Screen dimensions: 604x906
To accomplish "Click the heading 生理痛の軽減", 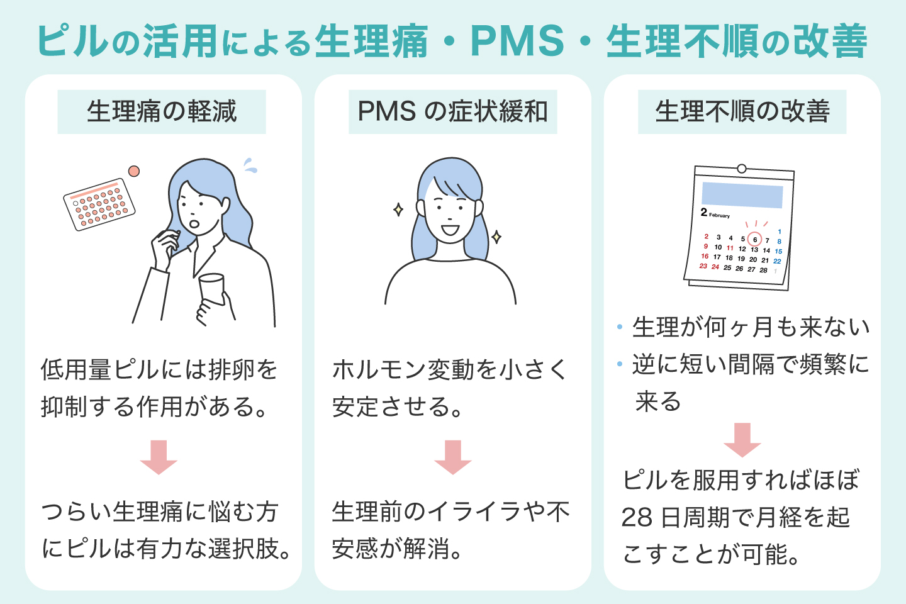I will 162,111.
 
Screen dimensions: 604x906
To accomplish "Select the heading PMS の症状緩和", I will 452,111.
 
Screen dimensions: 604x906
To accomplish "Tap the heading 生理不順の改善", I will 742,111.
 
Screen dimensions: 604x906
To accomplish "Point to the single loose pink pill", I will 133,171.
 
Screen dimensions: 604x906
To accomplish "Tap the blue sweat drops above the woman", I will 250,165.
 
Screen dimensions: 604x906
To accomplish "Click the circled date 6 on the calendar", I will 755,239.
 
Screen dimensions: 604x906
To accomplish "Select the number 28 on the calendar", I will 763,270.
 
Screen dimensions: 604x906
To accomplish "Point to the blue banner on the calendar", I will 742,195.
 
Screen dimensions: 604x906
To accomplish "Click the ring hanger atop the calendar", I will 742,169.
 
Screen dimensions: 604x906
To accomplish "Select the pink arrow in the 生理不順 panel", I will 742,440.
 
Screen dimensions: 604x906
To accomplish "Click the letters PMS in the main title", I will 517,41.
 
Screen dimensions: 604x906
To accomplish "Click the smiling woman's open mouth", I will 450,229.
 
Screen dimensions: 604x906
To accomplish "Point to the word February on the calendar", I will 719,215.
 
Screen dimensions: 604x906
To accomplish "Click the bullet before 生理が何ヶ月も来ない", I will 620,327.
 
